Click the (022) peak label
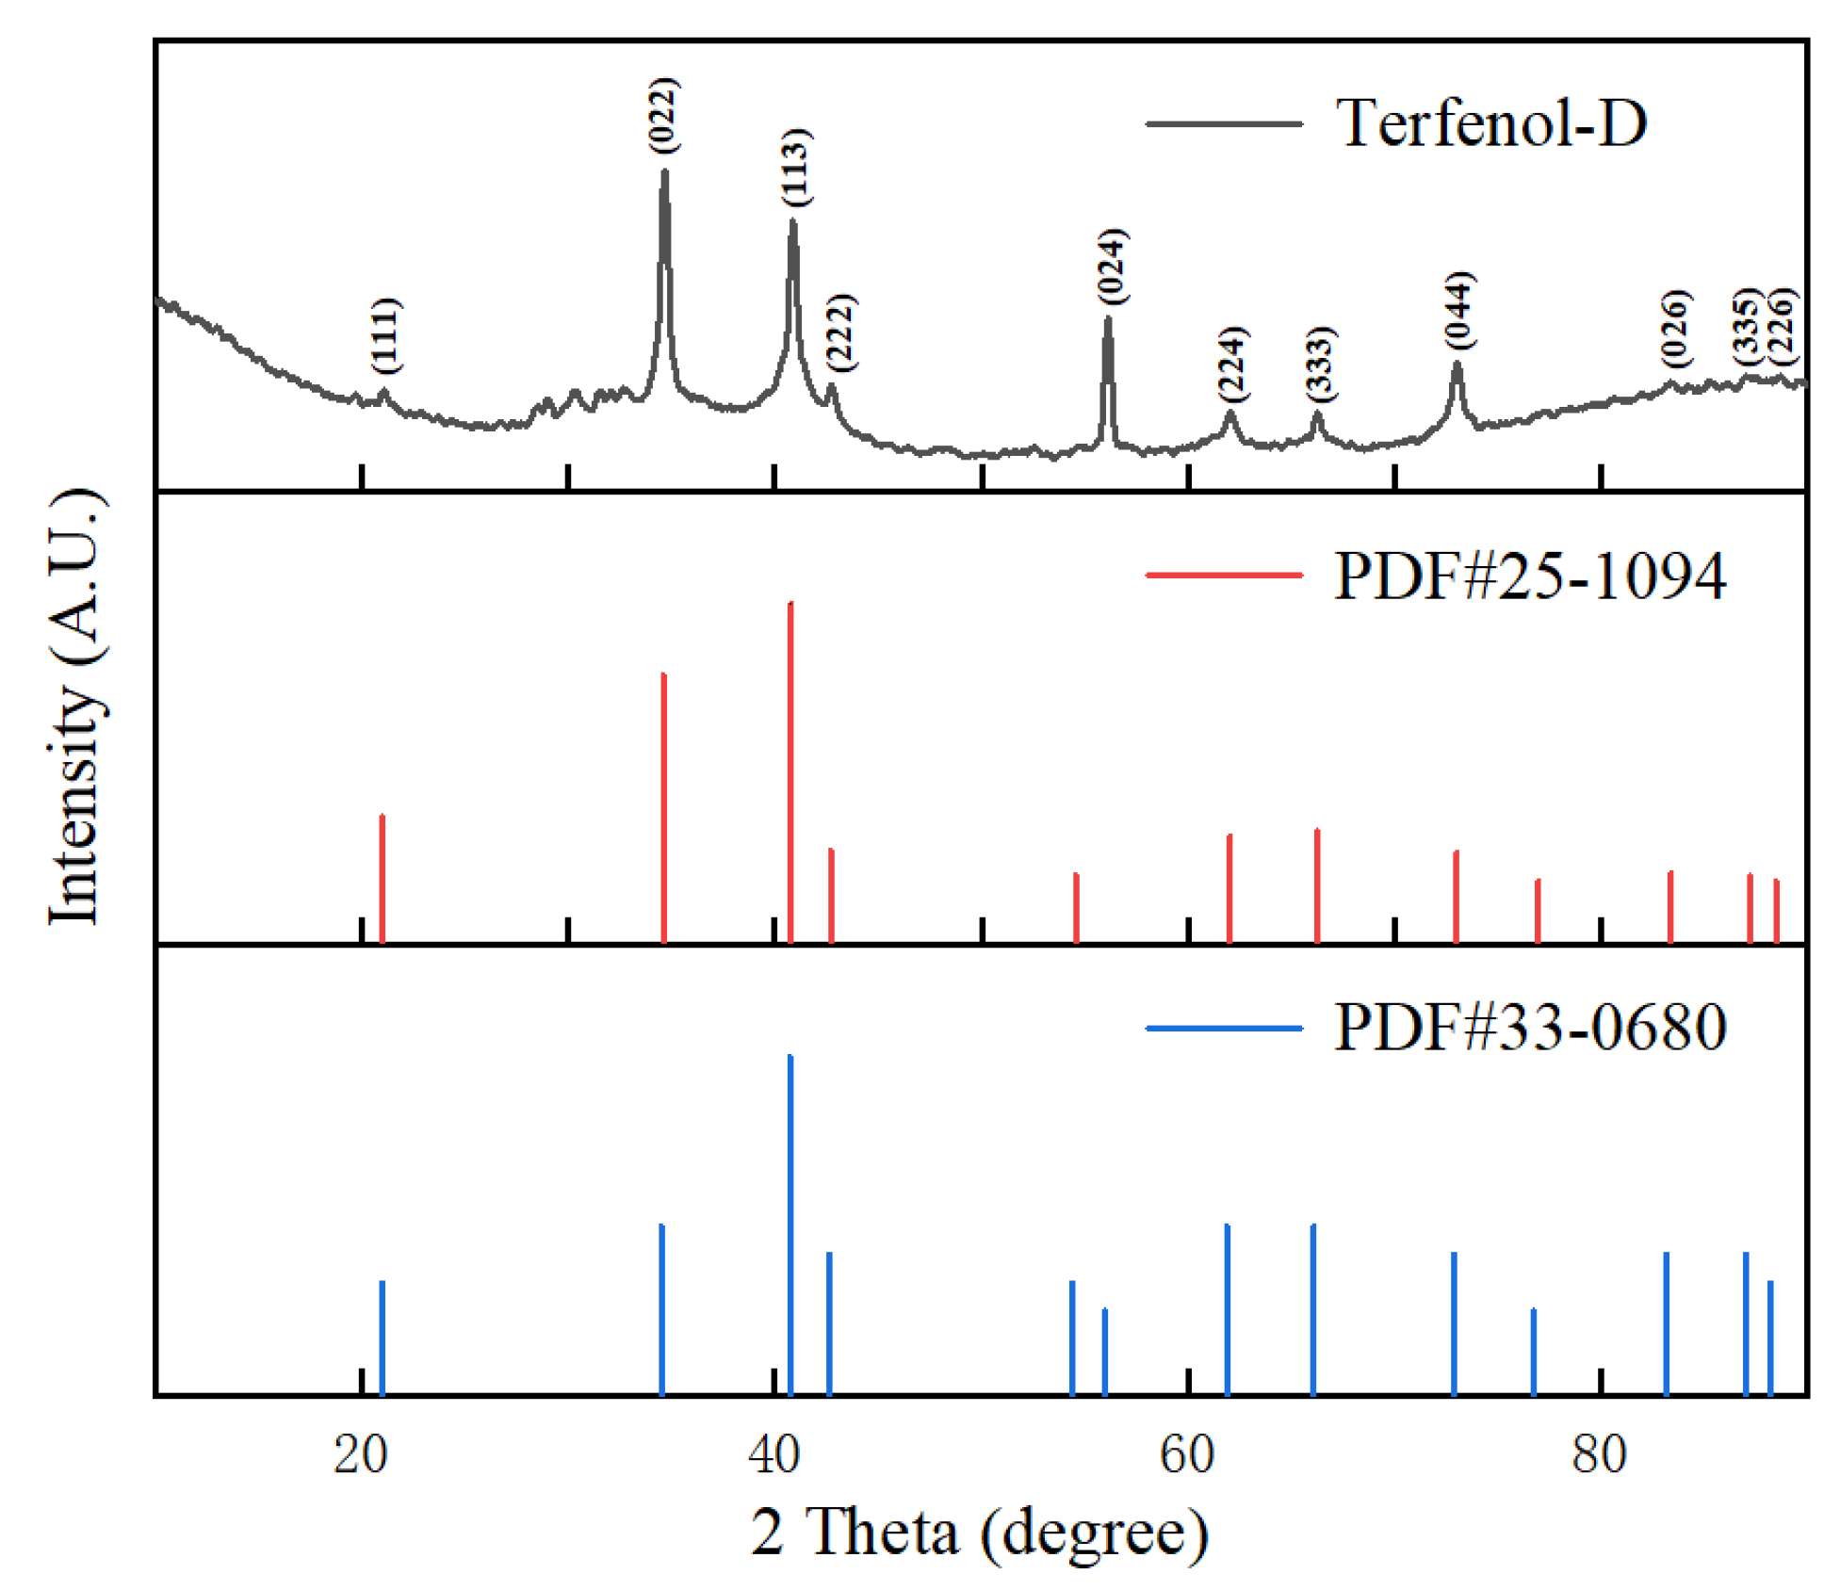tap(663, 115)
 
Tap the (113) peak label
tap(795, 167)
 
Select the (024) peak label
tap(1112, 266)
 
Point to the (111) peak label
tap(384, 334)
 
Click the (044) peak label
tap(1459, 310)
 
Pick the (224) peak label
tap(1232, 363)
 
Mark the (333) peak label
tap(1320, 363)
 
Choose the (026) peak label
tap(1675, 328)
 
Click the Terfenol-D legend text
tap(1491, 122)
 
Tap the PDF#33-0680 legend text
tap(1529, 1027)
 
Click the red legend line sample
tap(1223, 575)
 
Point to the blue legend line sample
tap(1223, 1028)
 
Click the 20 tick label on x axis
tap(361, 1453)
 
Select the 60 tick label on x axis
tap(1187, 1453)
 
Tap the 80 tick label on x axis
tap(1599, 1453)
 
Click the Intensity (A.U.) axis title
tap(75, 706)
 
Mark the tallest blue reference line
tap(790, 1225)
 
